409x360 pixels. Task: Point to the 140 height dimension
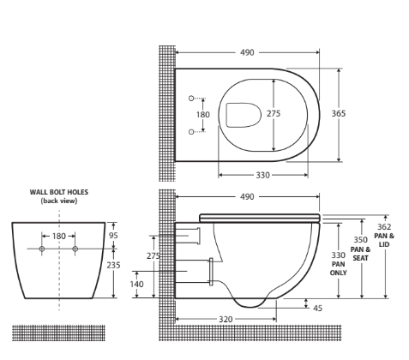point(137,284)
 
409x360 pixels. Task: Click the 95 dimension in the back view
point(115,236)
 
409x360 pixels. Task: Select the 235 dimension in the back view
point(115,266)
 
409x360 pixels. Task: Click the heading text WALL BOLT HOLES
point(58,193)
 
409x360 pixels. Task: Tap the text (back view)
point(58,201)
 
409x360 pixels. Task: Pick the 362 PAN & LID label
point(384,235)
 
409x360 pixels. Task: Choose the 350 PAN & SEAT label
point(361,249)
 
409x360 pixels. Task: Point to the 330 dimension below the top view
point(263,174)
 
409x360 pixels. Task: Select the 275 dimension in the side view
point(153,255)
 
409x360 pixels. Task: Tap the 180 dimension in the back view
point(58,236)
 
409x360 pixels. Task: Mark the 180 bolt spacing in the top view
point(203,114)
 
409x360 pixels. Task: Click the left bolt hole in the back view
point(42,249)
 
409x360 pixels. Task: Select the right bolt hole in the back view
point(75,249)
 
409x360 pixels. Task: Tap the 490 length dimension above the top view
point(247,52)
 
